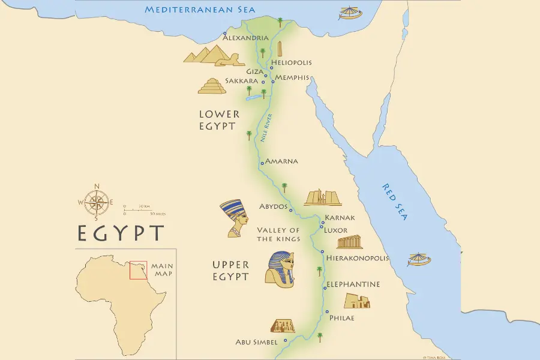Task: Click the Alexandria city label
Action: [x=245, y=38]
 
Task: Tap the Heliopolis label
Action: [x=291, y=62]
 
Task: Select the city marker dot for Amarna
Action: [x=262, y=163]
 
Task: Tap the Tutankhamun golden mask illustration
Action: [x=280, y=268]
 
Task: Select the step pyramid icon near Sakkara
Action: [x=212, y=86]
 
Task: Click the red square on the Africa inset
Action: [x=138, y=270]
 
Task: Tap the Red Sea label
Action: [x=395, y=202]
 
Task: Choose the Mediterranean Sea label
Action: [x=200, y=10]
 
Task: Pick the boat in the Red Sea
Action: [x=419, y=259]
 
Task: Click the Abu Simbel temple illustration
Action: [x=283, y=326]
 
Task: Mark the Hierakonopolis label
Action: [x=358, y=258]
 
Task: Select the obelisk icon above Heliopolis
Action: [x=279, y=49]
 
